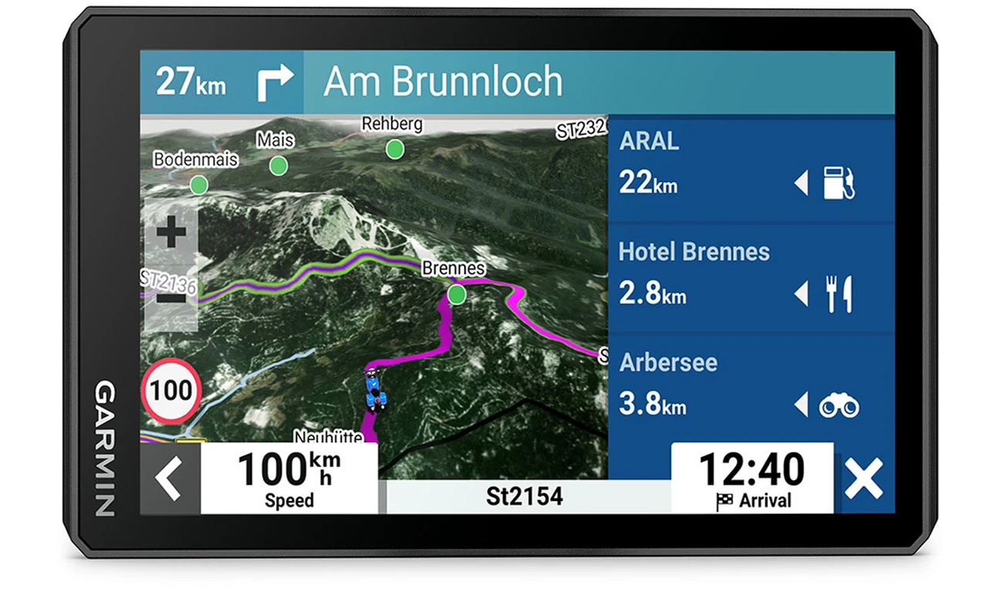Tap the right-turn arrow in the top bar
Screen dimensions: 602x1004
pyautogui.click(x=274, y=83)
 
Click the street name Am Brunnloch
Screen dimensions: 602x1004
pyautogui.click(x=443, y=82)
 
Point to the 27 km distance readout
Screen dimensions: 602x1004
pyautogui.click(x=191, y=82)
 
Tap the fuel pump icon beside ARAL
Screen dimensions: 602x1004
pyautogui.click(x=839, y=184)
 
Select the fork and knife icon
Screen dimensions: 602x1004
pyautogui.click(x=839, y=294)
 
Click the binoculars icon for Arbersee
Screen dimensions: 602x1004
pyautogui.click(x=839, y=405)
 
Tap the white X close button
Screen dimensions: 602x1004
pyautogui.click(x=863, y=479)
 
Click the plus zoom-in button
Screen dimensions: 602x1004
pyautogui.click(x=171, y=232)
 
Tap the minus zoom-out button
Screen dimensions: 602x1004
pyautogui.click(x=171, y=298)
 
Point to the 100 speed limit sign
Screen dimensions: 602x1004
pyautogui.click(x=171, y=391)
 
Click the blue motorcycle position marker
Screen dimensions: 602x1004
pyautogui.click(x=375, y=388)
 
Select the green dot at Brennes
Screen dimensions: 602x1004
pyautogui.click(x=457, y=294)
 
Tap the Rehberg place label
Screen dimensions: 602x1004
pyautogui.click(x=392, y=123)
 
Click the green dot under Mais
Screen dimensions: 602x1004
pyautogui.click(x=278, y=165)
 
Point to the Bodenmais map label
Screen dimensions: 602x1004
pyautogui.click(x=195, y=160)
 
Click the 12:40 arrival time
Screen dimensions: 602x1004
pyautogui.click(x=751, y=469)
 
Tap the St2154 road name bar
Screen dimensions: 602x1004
pyautogui.click(x=524, y=496)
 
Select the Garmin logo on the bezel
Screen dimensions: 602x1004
pyautogui.click(x=105, y=448)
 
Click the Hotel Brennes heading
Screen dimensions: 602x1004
pyautogui.click(x=694, y=252)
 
